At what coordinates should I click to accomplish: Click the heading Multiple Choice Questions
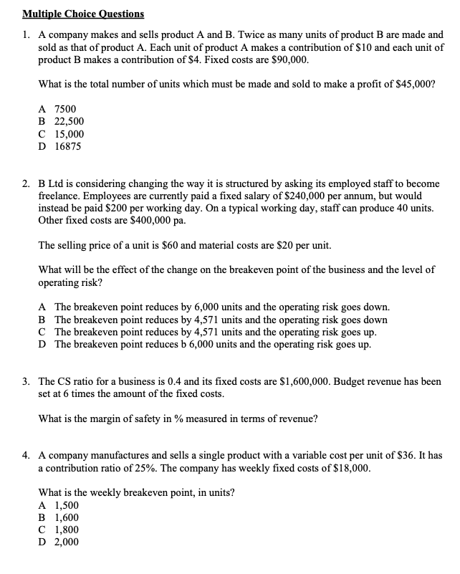tap(83, 14)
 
